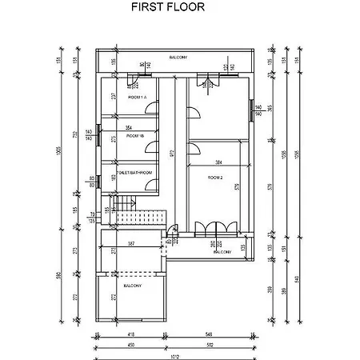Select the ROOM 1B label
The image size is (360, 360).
127,137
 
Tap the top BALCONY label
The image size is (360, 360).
178,58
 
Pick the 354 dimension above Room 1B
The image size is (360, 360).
128,126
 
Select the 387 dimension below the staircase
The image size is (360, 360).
130,242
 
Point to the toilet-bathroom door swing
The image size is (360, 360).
149,184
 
